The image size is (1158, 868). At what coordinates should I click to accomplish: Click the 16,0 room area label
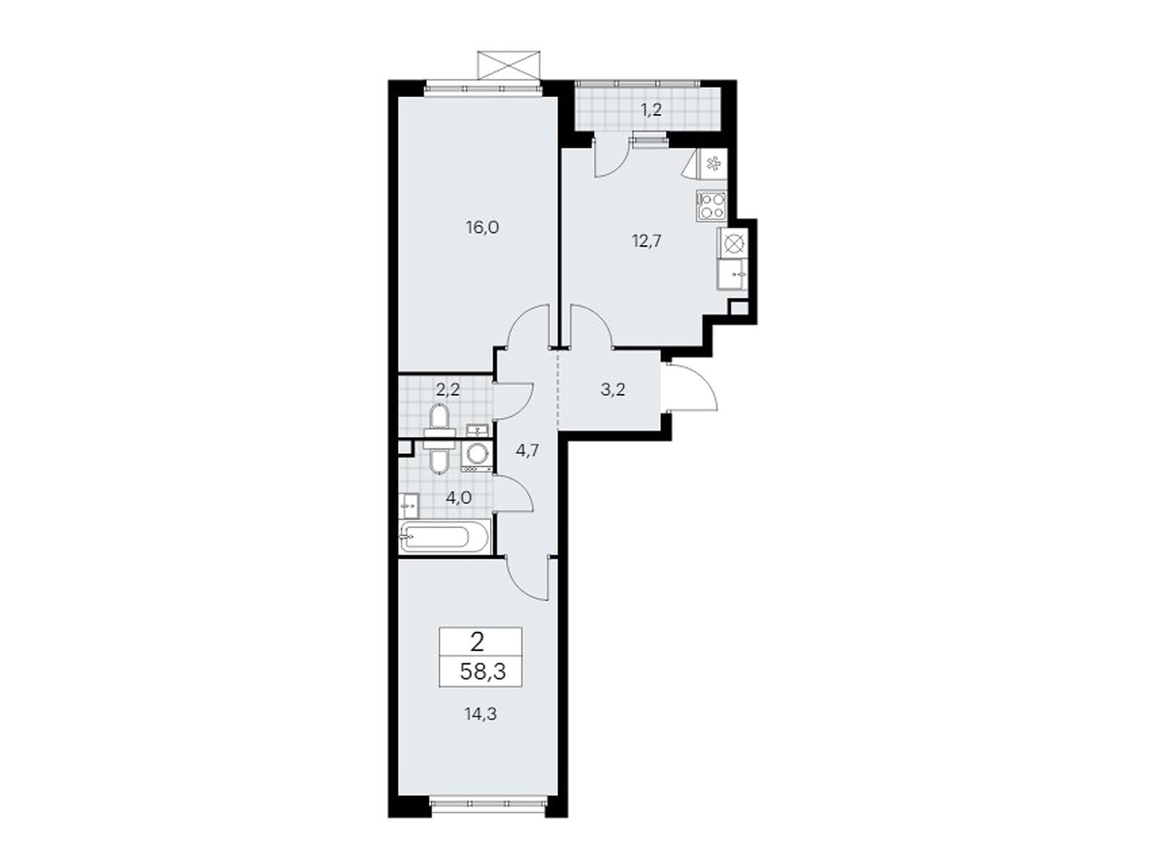click(482, 228)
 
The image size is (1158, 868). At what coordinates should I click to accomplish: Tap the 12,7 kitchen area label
click(646, 242)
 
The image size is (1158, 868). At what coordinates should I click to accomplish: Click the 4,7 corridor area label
click(526, 451)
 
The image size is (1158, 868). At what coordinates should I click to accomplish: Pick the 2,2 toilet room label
click(448, 390)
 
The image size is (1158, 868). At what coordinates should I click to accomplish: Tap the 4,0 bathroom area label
click(458, 498)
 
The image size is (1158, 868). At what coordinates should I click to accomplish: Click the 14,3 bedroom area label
click(481, 715)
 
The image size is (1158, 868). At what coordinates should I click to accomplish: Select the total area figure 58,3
click(483, 673)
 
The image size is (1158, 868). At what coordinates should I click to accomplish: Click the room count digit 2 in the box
click(477, 642)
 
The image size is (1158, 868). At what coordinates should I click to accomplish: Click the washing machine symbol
click(478, 456)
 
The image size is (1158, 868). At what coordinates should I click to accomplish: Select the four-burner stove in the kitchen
click(711, 205)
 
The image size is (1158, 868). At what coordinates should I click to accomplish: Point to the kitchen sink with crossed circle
click(732, 244)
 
